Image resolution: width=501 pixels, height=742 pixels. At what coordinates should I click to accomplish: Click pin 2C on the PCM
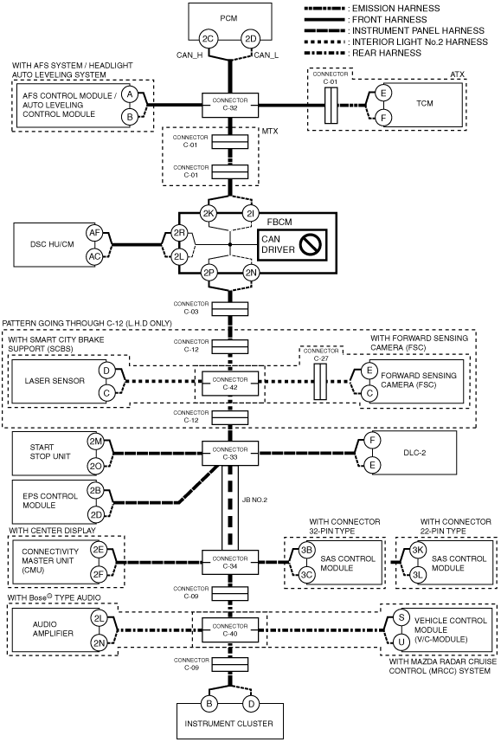[209, 39]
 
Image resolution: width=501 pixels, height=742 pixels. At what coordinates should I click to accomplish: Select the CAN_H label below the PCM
[189, 55]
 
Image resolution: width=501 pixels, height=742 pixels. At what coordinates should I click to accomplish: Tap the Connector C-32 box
[230, 105]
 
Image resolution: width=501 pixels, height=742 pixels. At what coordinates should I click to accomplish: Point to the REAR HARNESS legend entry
[387, 53]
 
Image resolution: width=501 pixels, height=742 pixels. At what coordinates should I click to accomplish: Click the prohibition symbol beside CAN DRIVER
[312, 244]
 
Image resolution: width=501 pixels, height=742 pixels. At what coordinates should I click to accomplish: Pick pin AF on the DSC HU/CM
[95, 232]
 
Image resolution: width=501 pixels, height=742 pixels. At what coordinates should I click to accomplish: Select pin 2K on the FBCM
[209, 213]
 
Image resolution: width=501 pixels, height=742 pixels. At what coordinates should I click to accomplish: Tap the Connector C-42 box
[230, 384]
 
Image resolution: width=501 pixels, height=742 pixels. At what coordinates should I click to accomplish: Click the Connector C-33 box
[230, 454]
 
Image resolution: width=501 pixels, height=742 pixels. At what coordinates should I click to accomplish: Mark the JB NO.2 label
[254, 500]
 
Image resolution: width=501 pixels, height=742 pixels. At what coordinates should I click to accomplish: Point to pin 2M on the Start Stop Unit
[95, 442]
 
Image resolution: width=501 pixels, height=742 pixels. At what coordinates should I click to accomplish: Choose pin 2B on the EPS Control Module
[95, 490]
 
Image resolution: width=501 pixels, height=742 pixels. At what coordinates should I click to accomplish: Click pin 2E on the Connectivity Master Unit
[99, 550]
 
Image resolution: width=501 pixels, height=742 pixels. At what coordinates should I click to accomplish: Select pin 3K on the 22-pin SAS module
[417, 550]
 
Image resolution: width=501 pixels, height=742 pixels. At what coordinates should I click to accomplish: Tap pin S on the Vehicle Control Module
[401, 617]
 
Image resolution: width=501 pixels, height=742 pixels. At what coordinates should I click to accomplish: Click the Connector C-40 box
[230, 629]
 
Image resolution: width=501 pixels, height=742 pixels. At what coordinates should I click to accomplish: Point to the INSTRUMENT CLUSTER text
[229, 724]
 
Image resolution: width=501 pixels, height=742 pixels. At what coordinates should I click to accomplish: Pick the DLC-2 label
[414, 453]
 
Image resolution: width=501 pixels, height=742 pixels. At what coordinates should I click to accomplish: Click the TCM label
[424, 103]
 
